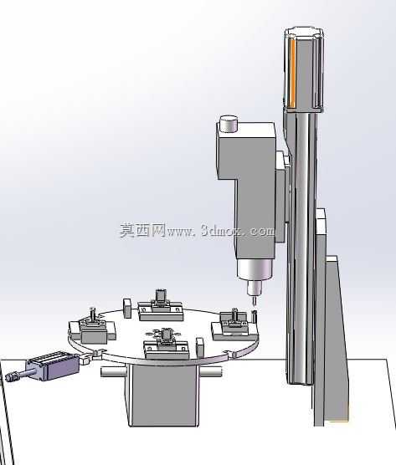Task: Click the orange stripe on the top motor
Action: click(x=292, y=74)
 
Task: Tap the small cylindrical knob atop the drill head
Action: click(x=229, y=124)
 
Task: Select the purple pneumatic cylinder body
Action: click(x=53, y=365)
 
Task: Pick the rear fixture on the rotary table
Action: click(x=160, y=308)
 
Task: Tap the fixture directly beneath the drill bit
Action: click(x=234, y=325)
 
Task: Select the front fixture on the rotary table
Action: click(x=167, y=344)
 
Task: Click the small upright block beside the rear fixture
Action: click(x=127, y=309)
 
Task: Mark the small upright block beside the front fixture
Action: click(x=200, y=347)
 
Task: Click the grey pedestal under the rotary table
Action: click(x=162, y=395)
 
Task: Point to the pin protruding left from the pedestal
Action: click(x=113, y=372)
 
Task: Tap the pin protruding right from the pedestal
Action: click(x=211, y=372)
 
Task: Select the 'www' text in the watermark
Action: click(x=181, y=232)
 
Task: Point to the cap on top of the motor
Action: click(x=303, y=33)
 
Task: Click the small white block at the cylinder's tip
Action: click(x=85, y=360)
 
